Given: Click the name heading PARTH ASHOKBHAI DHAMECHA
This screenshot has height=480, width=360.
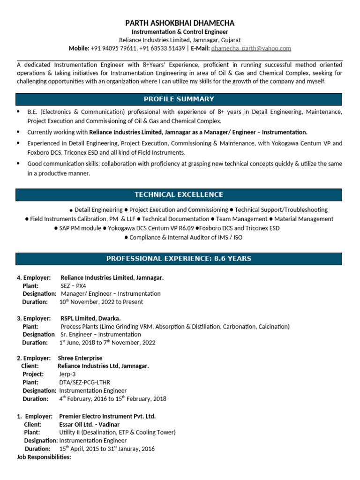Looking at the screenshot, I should point(180,23).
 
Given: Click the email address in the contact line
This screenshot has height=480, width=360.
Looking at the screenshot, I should point(251,48).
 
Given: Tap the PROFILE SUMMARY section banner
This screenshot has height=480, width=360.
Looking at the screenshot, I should point(179,99).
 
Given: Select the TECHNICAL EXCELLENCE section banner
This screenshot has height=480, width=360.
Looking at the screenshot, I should point(179,195).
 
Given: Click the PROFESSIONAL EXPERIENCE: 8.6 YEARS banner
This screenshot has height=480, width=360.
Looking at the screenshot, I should point(179,258).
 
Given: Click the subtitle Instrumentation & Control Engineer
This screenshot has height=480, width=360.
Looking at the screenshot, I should point(180,32).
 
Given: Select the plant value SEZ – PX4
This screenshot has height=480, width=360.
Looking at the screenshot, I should point(74,285).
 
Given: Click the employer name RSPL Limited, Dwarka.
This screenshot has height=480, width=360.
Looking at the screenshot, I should point(91,318).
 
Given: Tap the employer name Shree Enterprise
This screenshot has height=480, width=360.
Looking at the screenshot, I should point(80,358).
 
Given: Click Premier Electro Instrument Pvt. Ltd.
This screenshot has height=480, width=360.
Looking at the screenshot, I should point(107,416).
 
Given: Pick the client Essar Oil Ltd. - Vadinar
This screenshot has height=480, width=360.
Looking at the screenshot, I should point(89,424).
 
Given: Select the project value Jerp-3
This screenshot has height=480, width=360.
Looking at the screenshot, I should point(67,374).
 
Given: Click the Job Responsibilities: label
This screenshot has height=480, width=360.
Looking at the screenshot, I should point(44,457).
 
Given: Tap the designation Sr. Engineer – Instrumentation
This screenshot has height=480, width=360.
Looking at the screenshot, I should point(101,334).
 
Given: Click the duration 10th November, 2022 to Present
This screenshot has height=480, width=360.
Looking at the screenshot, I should point(101,302).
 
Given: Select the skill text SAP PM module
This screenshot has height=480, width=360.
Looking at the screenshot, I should point(80,228).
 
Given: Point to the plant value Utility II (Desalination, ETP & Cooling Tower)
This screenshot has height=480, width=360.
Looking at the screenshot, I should point(117,432).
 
